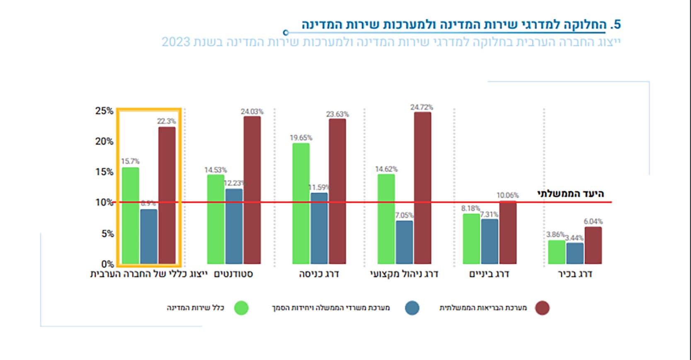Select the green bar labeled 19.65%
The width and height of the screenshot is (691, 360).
301,203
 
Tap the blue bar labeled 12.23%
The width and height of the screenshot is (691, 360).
234,226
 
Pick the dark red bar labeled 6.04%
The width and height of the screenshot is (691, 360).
593,245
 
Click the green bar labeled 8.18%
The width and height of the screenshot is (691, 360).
471,239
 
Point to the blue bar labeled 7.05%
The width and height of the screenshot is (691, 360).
404,242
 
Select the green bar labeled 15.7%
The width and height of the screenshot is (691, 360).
131,216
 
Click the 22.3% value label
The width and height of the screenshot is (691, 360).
166,121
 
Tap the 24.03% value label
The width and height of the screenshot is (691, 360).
252,112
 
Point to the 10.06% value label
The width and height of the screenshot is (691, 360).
508,195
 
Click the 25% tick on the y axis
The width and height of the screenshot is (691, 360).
104,111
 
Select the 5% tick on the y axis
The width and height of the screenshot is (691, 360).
107,234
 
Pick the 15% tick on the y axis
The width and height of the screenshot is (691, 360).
104,172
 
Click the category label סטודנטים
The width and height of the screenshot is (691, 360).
233,274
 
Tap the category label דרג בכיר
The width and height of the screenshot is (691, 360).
575,274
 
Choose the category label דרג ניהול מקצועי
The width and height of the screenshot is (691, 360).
404,274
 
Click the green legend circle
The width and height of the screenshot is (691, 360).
241,308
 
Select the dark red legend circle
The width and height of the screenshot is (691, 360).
542,308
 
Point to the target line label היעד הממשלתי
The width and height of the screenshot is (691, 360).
571,194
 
